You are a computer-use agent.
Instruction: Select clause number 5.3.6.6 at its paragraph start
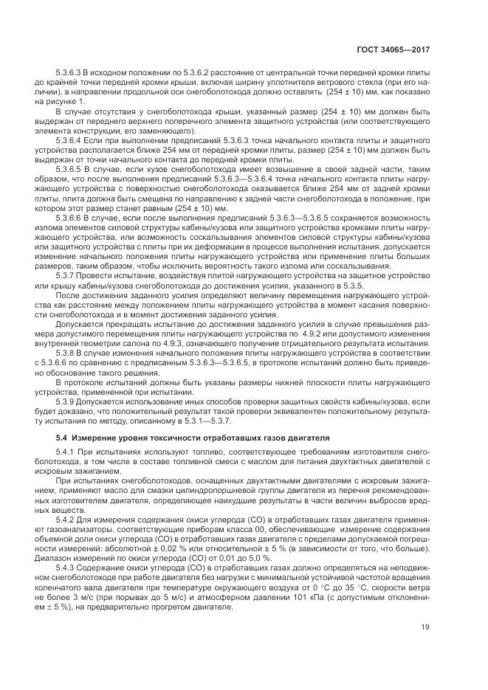[72, 218]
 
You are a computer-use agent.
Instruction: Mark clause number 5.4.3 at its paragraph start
[68, 568]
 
